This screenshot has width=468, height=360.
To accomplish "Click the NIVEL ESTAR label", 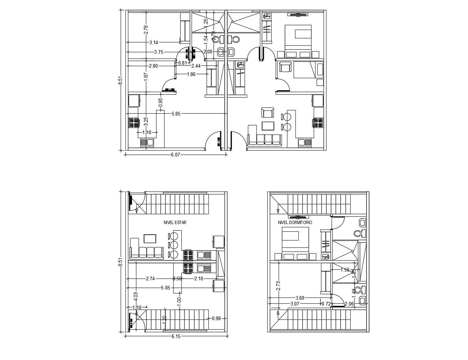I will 175,222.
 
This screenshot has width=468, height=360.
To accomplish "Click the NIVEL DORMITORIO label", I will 295,222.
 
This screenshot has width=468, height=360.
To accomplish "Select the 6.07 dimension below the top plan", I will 175,155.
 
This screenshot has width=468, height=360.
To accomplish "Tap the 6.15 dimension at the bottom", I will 176,336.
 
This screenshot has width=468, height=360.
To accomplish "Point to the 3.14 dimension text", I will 154,43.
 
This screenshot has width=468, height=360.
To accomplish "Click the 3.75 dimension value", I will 159,52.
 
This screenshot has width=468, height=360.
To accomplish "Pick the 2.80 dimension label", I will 154,66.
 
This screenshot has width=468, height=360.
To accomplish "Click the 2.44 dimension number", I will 196,66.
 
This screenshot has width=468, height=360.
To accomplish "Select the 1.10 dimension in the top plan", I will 147,132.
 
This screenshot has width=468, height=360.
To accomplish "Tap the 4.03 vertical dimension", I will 136,296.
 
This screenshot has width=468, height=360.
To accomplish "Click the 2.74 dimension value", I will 150,278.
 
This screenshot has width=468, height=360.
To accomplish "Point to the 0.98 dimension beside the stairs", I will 216,318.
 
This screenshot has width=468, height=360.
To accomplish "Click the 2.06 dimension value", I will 349,304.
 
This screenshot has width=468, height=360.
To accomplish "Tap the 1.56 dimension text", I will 345,270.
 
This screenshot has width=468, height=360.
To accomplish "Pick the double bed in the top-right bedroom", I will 298,37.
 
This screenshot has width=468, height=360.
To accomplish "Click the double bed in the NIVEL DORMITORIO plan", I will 295,240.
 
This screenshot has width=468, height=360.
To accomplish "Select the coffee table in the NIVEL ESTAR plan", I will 150,239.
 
